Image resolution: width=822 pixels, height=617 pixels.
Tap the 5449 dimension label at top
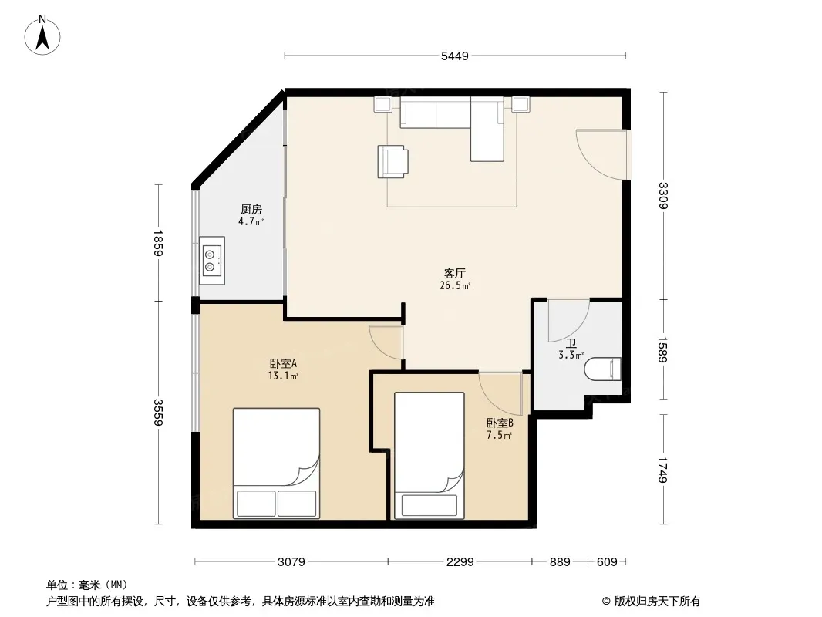click(x=454, y=56)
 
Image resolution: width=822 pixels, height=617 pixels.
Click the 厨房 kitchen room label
click(x=251, y=210)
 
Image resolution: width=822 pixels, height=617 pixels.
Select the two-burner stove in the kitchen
click(x=212, y=261)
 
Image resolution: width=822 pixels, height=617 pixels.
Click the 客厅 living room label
click(x=454, y=274)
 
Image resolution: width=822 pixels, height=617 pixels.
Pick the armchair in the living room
click(x=393, y=161)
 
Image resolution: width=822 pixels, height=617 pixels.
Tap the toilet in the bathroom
click(x=603, y=369)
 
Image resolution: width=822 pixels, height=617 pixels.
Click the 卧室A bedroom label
click(x=284, y=363)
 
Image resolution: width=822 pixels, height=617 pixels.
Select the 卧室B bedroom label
click(x=500, y=423)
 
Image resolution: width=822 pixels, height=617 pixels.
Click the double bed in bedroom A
click(x=276, y=464)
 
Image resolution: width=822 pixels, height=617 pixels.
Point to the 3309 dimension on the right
click(x=663, y=195)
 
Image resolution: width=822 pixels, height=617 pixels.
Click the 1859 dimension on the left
click(x=158, y=243)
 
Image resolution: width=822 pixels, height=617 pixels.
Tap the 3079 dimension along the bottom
click(x=291, y=562)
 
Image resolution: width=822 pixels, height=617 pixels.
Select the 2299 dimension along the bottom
click(x=460, y=562)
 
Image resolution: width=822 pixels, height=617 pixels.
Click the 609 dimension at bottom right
click(x=607, y=562)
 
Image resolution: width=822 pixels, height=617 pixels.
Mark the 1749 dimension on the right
click(x=663, y=470)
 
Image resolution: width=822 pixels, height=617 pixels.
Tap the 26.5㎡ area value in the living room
click(x=454, y=285)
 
